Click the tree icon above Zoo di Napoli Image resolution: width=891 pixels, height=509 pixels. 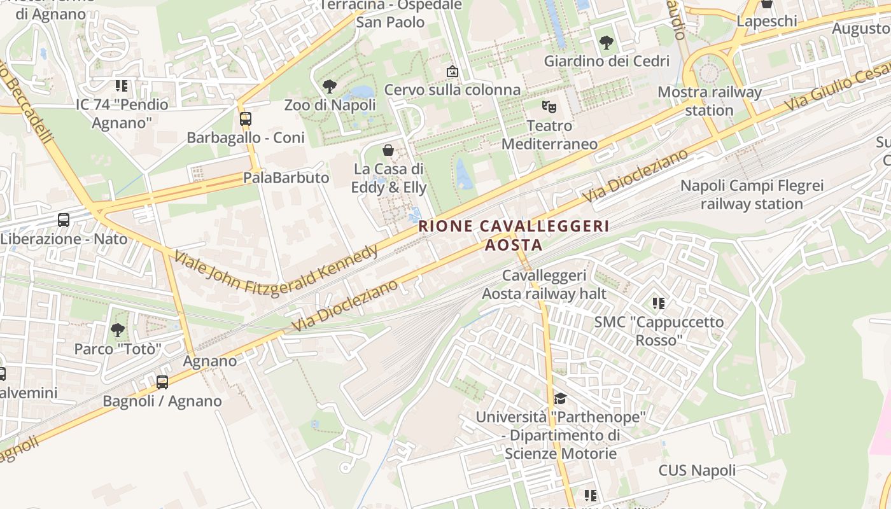click(330, 86)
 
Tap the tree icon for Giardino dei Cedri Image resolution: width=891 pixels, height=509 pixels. click(607, 43)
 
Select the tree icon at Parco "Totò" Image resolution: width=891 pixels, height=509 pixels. click(118, 330)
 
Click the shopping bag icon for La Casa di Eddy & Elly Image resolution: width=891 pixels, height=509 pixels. click(388, 150)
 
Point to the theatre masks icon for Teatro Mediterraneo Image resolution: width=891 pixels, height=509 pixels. click(549, 106)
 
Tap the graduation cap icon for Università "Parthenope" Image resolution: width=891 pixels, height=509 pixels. click(560, 398)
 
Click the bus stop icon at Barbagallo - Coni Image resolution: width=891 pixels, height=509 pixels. click(246, 118)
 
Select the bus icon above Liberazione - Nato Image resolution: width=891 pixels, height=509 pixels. click(64, 220)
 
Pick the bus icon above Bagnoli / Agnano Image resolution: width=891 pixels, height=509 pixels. click(162, 382)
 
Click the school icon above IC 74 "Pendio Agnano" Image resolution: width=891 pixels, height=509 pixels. click(122, 85)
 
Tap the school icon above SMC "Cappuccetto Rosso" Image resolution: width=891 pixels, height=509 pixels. click(659, 303)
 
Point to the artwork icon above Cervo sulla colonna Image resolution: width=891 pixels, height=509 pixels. click(452, 71)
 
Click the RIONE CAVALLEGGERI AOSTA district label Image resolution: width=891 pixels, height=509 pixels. click(514, 235)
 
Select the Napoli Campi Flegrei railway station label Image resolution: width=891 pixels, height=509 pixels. click(752, 195)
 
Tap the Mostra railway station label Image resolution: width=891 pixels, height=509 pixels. click(709, 101)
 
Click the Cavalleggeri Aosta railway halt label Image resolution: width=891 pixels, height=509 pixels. click(544, 284)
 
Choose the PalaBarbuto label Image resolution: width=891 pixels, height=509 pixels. click(286, 178)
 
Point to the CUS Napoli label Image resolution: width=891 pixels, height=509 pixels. click(697, 471)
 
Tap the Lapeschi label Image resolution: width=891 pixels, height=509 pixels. click(767, 21)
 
